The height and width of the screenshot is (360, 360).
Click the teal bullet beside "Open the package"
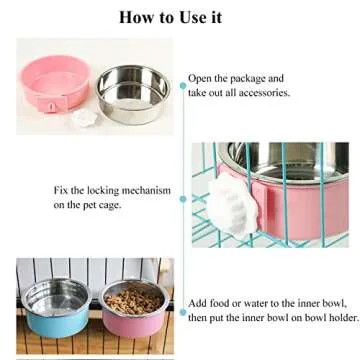182,85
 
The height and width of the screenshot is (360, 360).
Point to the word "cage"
143,204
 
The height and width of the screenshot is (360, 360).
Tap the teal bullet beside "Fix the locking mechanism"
181,198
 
